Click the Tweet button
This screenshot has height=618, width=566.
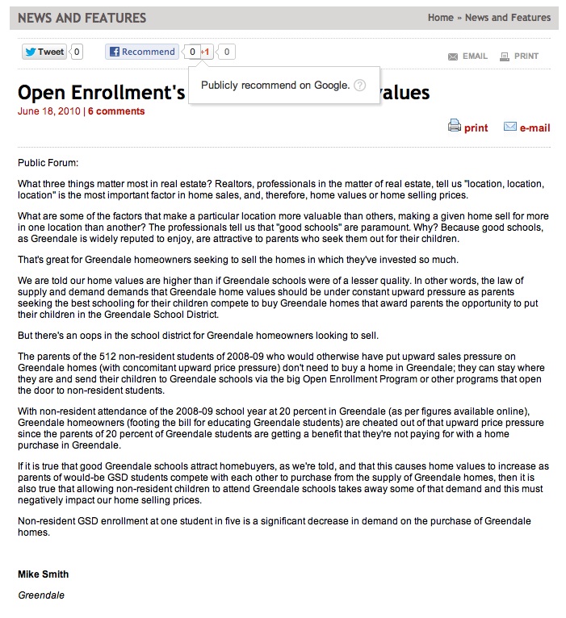(x=44, y=52)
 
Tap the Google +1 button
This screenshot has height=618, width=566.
(x=206, y=52)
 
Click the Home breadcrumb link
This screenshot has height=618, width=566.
(x=440, y=18)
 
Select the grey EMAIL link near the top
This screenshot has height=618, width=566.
(x=475, y=56)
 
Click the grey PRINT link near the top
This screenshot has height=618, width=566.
(x=526, y=56)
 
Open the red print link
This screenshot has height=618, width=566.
(x=476, y=127)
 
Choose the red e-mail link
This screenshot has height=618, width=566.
(x=535, y=127)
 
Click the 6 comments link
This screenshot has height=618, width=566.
(x=116, y=111)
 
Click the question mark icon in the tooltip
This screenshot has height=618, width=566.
(x=360, y=86)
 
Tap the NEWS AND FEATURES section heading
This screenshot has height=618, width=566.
(x=82, y=18)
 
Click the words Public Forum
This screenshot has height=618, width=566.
(x=48, y=163)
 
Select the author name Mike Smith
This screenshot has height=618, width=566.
(x=43, y=574)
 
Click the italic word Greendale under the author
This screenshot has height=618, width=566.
(x=41, y=595)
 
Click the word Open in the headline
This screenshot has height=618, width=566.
(x=44, y=93)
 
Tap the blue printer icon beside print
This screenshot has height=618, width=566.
(x=455, y=126)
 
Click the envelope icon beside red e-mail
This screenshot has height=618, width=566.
(x=510, y=127)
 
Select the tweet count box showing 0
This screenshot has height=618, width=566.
(x=77, y=52)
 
